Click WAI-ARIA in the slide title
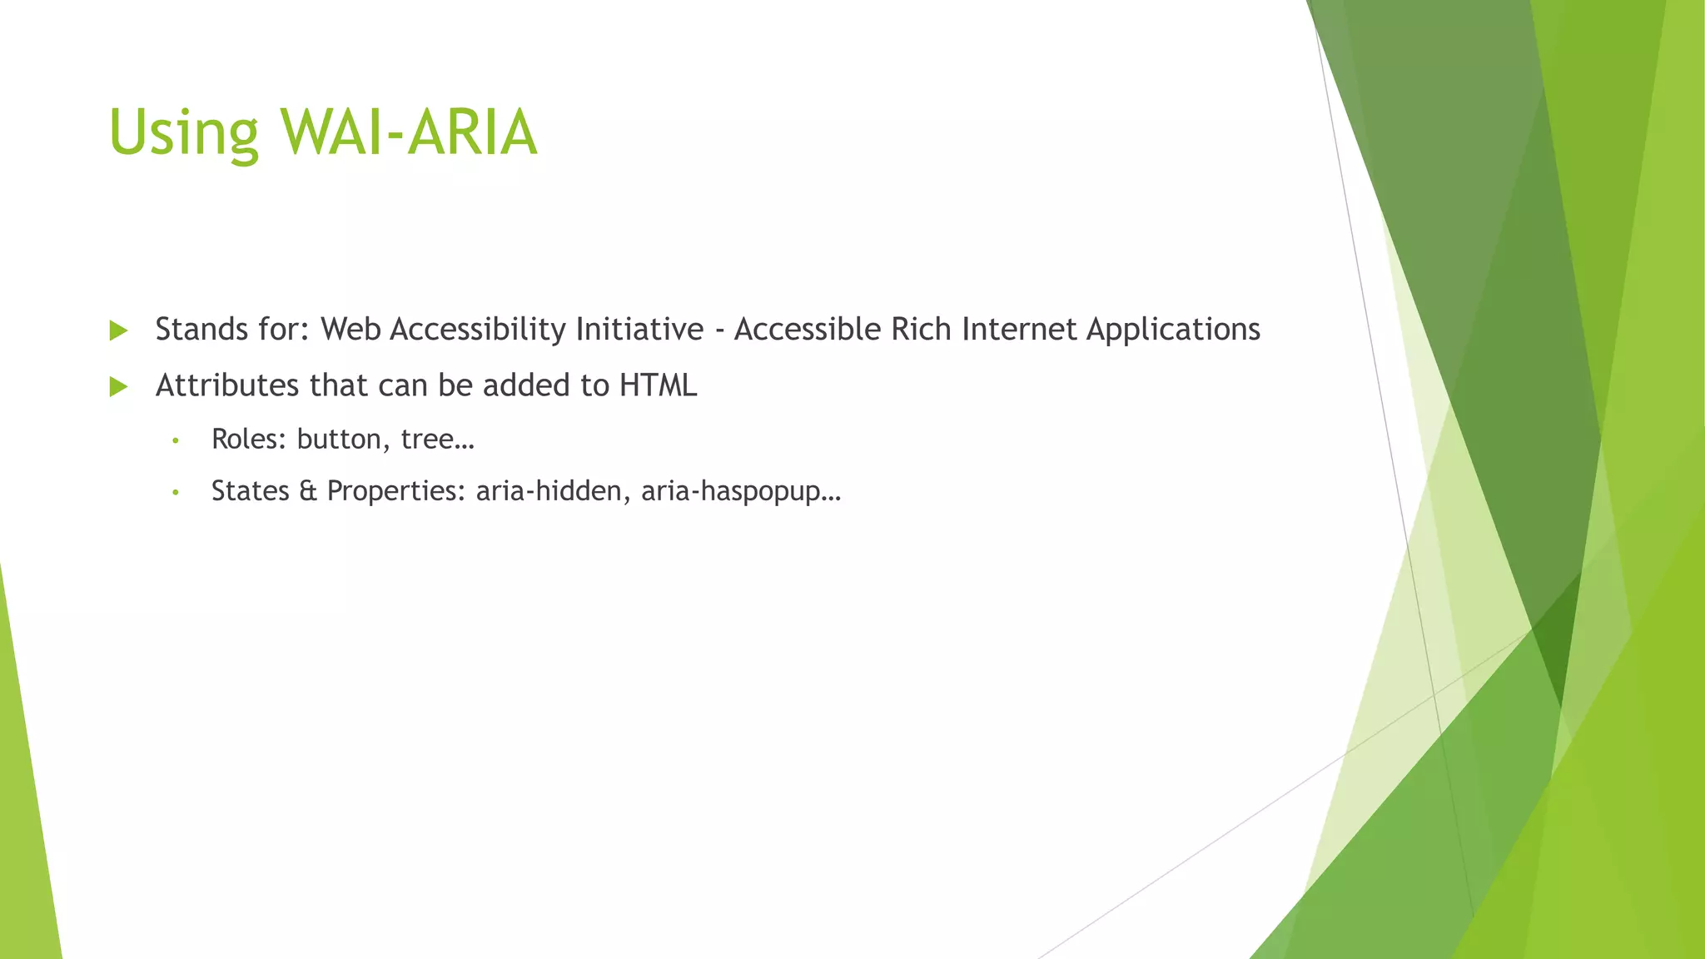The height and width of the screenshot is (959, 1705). click(x=409, y=133)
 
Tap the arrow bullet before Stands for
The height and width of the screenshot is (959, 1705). click(x=118, y=330)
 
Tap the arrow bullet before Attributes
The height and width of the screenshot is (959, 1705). click(x=118, y=386)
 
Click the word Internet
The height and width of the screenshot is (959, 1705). click(x=1019, y=330)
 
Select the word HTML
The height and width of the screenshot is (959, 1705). click(x=658, y=385)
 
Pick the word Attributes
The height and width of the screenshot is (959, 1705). click(x=228, y=385)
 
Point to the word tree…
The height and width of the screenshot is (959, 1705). click(x=437, y=440)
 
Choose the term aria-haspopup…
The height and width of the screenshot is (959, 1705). click(x=741, y=492)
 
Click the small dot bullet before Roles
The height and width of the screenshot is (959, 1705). click(x=175, y=440)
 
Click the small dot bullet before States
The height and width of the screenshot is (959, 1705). click(x=175, y=493)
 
